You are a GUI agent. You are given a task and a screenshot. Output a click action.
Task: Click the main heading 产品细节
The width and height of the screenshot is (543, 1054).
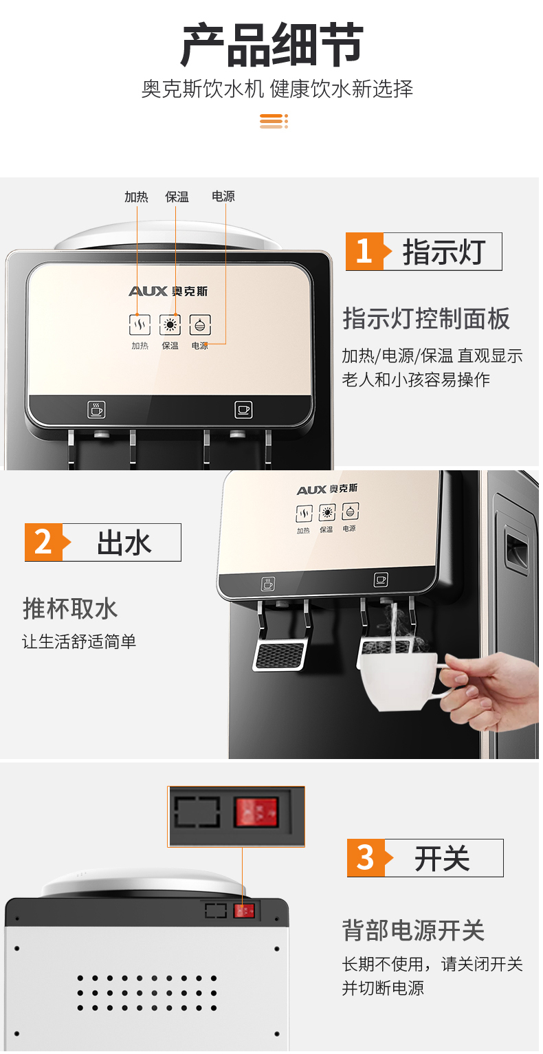tap(271, 44)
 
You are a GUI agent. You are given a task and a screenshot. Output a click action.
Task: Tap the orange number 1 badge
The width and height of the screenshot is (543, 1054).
tap(366, 251)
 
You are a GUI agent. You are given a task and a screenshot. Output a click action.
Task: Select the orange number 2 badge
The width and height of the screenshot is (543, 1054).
tap(45, 542)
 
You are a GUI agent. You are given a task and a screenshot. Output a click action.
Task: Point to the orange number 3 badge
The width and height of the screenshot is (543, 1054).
tap(367, 858)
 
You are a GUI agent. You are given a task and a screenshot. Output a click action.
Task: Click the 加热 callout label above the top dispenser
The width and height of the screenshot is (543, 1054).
tap(137, 197)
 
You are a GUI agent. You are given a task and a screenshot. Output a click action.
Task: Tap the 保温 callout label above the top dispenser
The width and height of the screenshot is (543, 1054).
tap(177, 197)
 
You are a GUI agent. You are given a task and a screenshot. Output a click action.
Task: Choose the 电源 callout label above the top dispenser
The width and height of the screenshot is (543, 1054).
tap(223, 196)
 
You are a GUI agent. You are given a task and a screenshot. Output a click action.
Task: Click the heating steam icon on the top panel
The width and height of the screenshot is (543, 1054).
tap(140, 325)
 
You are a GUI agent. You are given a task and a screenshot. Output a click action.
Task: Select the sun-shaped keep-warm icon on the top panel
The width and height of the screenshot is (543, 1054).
tap(170, 325)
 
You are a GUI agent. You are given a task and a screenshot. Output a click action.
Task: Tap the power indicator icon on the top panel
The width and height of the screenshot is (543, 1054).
tap(200, 325)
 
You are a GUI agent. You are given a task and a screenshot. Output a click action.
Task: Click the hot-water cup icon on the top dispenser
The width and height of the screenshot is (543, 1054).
tap(96, 409)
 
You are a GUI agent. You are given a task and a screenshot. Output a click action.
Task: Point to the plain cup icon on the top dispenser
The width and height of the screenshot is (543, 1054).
tap(243, 409)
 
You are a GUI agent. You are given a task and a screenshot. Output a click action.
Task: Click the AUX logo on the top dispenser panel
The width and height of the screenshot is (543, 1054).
tap(168, 292)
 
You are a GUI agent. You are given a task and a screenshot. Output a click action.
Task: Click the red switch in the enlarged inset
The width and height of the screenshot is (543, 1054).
tap(256, 812)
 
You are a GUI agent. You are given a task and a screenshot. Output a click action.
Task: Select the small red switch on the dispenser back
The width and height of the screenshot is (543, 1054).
tap(244, 910)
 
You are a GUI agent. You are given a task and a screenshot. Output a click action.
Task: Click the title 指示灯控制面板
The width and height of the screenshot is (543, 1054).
tap(426, 318)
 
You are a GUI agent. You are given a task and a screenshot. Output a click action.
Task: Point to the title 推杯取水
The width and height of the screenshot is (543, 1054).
tap(70, 608)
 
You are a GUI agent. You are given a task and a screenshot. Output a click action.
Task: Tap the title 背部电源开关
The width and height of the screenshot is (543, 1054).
tap(414, 930)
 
